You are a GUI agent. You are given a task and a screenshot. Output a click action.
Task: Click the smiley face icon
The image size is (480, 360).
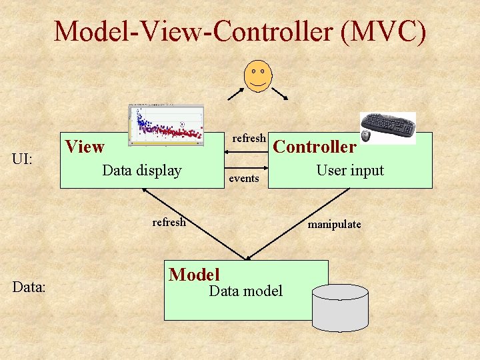pyautogui.click(x=257, y=75)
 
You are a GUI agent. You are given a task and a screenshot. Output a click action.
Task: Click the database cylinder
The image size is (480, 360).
pyautogui.click(x=340, y=307)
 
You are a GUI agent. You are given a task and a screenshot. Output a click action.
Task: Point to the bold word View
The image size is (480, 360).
pyautogui.click(x=85, y=147)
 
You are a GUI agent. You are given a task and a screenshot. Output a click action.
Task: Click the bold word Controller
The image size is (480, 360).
pyautogui.click(x=315, y=147)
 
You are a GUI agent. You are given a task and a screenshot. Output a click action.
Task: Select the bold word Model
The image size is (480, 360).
pyautogui.click(x=194, y=274)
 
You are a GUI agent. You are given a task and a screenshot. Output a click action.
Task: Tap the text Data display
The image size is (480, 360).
pyautogui.click(x=141, y=171)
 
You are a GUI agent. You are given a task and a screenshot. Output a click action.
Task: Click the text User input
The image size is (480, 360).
pyautogui.click(x=350, y=170)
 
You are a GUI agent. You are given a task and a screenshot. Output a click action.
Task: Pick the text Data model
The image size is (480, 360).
pyautogui.click(x=245, y=291)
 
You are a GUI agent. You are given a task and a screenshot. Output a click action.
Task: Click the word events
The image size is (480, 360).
pyautogui.click(x=244, y=179)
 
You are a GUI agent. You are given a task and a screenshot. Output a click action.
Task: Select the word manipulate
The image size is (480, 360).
pyautogui.click(x=334, y=224)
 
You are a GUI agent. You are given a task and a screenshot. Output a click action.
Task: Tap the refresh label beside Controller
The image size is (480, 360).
pyautogui.click(x=249, y=138)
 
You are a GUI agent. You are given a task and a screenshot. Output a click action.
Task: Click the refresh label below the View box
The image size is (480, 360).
pyautogui.click(x=169, y=222)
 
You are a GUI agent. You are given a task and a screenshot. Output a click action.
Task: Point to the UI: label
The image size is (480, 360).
pyautogui.click(x=28, y=159)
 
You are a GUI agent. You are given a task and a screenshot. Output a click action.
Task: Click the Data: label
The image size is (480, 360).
pyautogui.click(x=29, y=287)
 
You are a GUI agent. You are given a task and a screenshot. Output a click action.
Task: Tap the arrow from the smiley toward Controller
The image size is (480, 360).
pyautogui.click(x=279, y=93)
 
